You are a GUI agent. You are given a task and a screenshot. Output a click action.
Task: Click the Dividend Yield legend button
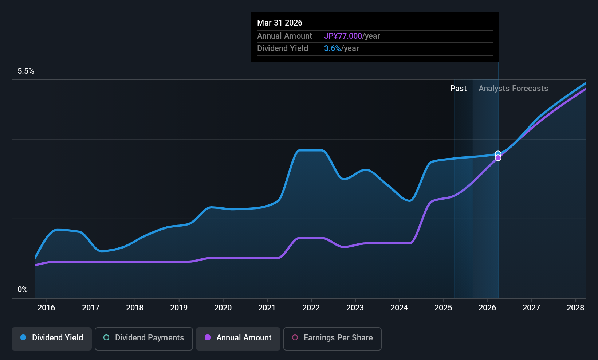pyautogui.click(x=52, y=338)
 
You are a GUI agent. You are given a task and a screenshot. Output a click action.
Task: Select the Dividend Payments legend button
pyautogui.click(x=143, y=338)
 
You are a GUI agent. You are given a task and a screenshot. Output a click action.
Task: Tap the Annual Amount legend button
pyautogui.click(x=238, y=338)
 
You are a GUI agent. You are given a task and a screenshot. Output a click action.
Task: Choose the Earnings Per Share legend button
pyautogui.click(x=332, y=338)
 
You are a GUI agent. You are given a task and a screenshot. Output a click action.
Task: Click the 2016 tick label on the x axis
pyautogui.click(x=46, y=308)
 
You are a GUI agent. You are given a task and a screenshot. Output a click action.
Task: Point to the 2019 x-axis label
pyautogui.click(x=179, y=308)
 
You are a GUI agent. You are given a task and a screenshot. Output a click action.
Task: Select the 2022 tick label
pyautogui.click(x=311, y=308)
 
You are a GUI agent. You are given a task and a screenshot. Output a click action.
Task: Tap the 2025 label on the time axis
pyautogui.click(x=443, y=308)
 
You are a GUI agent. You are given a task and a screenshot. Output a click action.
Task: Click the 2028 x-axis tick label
pyautogui.click(x=575, y=308)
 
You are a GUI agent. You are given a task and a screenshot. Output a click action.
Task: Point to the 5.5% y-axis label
pyautogui.click(x=26, y=71)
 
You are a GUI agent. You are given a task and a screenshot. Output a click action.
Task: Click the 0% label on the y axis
pyautogui.click(x=23, y=290)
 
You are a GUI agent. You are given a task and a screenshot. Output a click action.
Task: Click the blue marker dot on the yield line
pyautogui.click(x=498, y=154)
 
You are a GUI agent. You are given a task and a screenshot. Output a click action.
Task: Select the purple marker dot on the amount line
pyautogui.click(x=498, y=158)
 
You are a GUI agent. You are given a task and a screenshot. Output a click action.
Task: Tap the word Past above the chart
pyautogui.click(x=458, y=89)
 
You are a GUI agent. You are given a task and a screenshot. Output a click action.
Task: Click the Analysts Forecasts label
pyautogui.click(x=513, y=89)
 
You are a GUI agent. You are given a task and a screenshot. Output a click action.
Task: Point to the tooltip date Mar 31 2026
pyautogui.click(x=280, y=23)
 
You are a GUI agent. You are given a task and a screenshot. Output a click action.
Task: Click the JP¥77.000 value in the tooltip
pyautogui.click(x=343, y=36)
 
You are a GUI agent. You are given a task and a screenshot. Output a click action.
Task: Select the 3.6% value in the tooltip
pyautogui.click(x=332, y=48)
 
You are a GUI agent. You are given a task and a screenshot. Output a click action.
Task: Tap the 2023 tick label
pyautogui.click(x=355, y=308)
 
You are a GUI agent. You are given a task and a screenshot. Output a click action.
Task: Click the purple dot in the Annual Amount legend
pyautogui.click(x=208, y=338)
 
